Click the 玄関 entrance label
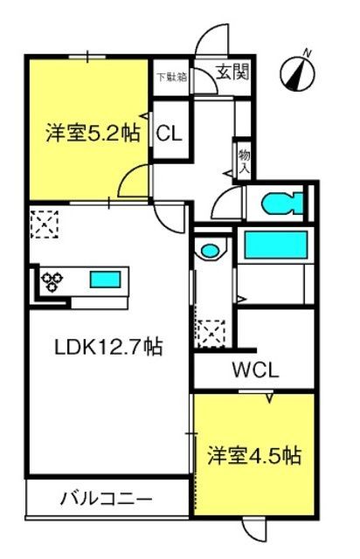(x=232, y=73)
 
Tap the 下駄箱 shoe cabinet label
(x=173, y=77)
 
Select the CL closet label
(x=170, y=134)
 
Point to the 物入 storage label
(x=245, y=161)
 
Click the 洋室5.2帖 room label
(x=93, y=133)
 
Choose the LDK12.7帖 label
(x=108, y=347)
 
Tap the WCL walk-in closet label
(x=255, y=370)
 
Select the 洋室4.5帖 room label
(x=254, y=455)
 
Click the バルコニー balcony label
(x=106, y=498)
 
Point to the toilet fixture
(x=282, y=204)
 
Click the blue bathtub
(x=276, y=245)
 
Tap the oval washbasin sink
(x=210, y=250)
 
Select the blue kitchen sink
(x=105, y=279)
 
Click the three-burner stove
(x=52, y=281)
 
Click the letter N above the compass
(x=307, y=52)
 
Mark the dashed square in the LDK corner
(x=45, y=224)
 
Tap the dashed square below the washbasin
(x=211, y=334)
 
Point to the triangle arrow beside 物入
(x=228, y=173)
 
